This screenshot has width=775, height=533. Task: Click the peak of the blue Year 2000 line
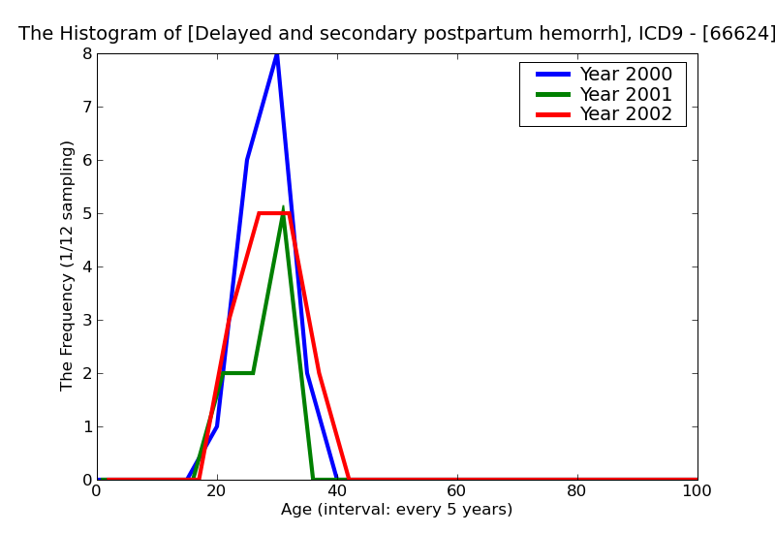pos(277,54)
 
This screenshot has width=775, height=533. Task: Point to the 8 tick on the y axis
pos(86,53)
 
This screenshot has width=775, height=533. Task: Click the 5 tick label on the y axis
pos(86,213)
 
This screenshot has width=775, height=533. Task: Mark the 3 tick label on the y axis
pos(86,320)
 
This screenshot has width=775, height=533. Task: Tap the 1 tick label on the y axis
pos(86,426)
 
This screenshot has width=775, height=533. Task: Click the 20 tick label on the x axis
pos(217,491)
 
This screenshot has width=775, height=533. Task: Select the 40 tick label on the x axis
pos(337,491)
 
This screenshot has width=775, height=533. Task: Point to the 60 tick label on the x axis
pos(457,491)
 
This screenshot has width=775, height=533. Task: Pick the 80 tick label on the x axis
pos(577,491)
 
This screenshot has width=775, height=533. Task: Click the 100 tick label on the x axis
pos(697,491)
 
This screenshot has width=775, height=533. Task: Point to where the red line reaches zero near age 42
pos(349,479)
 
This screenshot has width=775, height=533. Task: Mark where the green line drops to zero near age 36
pos(313,479)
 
